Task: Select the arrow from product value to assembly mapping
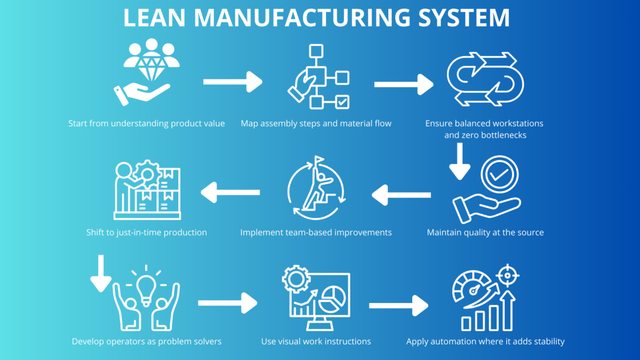pyautogui.click(x=233, y=82)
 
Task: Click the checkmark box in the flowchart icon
pyautogui.click(x=342, y=101)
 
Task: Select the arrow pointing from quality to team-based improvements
pyautogui.click(x=401, y=195)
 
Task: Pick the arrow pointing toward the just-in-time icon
pyautogui.click(x=230, y=193)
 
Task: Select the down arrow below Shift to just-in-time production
pyautogui.click(x=100, y=275)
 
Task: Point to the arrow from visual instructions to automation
pyautogui.click(x=398, y=306)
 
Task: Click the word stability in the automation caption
pyautogui.click(x=547, y=341)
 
